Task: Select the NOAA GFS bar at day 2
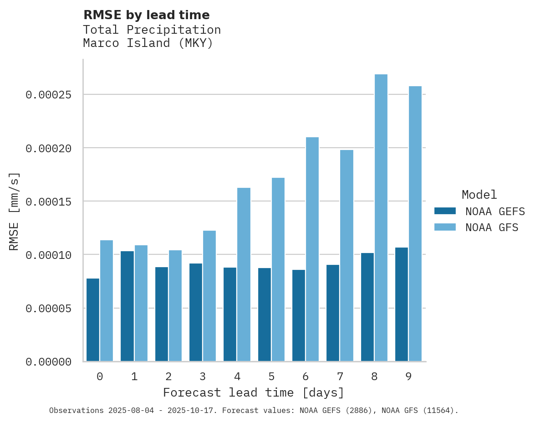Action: (x=175, y=306)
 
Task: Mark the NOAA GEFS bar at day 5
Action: (x=265, y=315)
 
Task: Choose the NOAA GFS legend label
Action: (x=492, y=227)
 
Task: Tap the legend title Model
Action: (x=479, y=195)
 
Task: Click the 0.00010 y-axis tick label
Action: (x=49, y=255)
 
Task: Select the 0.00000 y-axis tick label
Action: (x=49, y=362)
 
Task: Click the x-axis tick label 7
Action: (x=340, y=377)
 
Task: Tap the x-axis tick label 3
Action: (x=203, y=377)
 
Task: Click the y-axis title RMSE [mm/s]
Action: (x=14, y=211)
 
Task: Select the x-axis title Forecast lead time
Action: (x=254, y=392)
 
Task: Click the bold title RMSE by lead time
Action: (x=146, y=15)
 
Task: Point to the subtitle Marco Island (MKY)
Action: (x=148, y=43)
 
